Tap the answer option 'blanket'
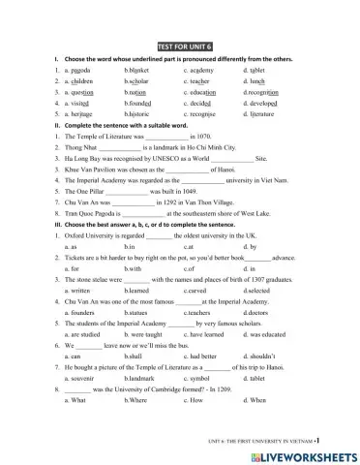tap(139, 71)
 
